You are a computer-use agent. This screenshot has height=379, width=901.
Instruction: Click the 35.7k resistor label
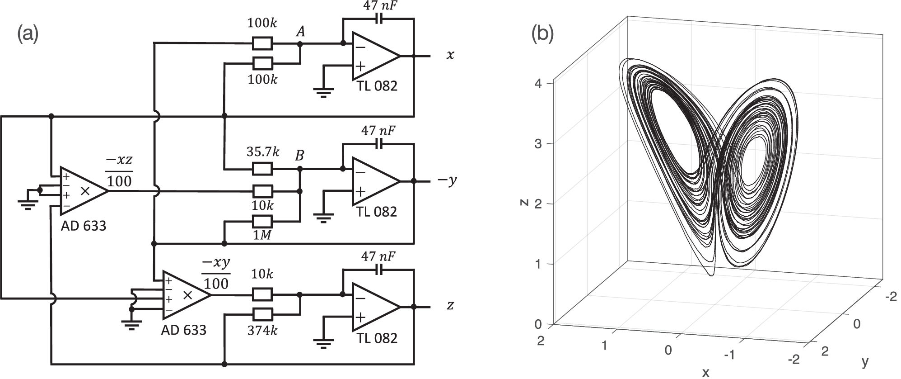pyautogui.click(x=262, y=152)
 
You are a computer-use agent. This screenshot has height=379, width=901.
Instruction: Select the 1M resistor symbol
pyautogui.click(x=262, y=222)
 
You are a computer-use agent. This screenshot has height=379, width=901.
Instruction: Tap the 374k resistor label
pyautogui.click(x=262, y=331)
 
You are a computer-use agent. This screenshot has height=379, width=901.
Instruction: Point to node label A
pyautogui.click(x=300, y=32)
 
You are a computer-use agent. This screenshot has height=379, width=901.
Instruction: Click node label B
pyautogui.click(x=299, y=156)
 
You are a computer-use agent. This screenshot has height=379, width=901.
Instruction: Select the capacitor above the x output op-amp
pyautogui.click(x=378, y=19)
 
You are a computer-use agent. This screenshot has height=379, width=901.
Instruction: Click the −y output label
pyautogui.click(x=447, y=180)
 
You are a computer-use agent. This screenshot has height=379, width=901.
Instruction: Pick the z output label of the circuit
pyautogui.click(x=450, y=306)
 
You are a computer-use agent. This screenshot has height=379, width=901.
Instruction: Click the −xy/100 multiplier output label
pyautogui.click(x=216, y=273)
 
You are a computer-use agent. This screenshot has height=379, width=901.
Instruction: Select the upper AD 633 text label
pyautogui.click(x=84, y=226)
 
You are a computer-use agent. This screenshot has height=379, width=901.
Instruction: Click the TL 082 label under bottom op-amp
pyautogui.click(x=377, y=338)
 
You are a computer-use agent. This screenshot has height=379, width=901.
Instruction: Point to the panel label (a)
pyautogui.click(x=28, y=34)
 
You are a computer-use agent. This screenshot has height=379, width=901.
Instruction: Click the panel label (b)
pyautogui.click(x=542, y=34)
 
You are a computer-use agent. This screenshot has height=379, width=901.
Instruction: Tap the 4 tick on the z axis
pyautogui.click(x=537, y=83)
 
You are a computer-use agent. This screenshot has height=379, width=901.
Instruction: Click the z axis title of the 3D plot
pyautogui.click(x=524, y=202)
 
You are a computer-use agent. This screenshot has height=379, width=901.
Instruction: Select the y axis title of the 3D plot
pyautogui.click(x=865, y=361)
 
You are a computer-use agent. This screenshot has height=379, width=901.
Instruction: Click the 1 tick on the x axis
pyautogui.click(x=604, y=346)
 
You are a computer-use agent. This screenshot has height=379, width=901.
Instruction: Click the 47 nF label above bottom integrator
pyautogui.click(x=378, y=256)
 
